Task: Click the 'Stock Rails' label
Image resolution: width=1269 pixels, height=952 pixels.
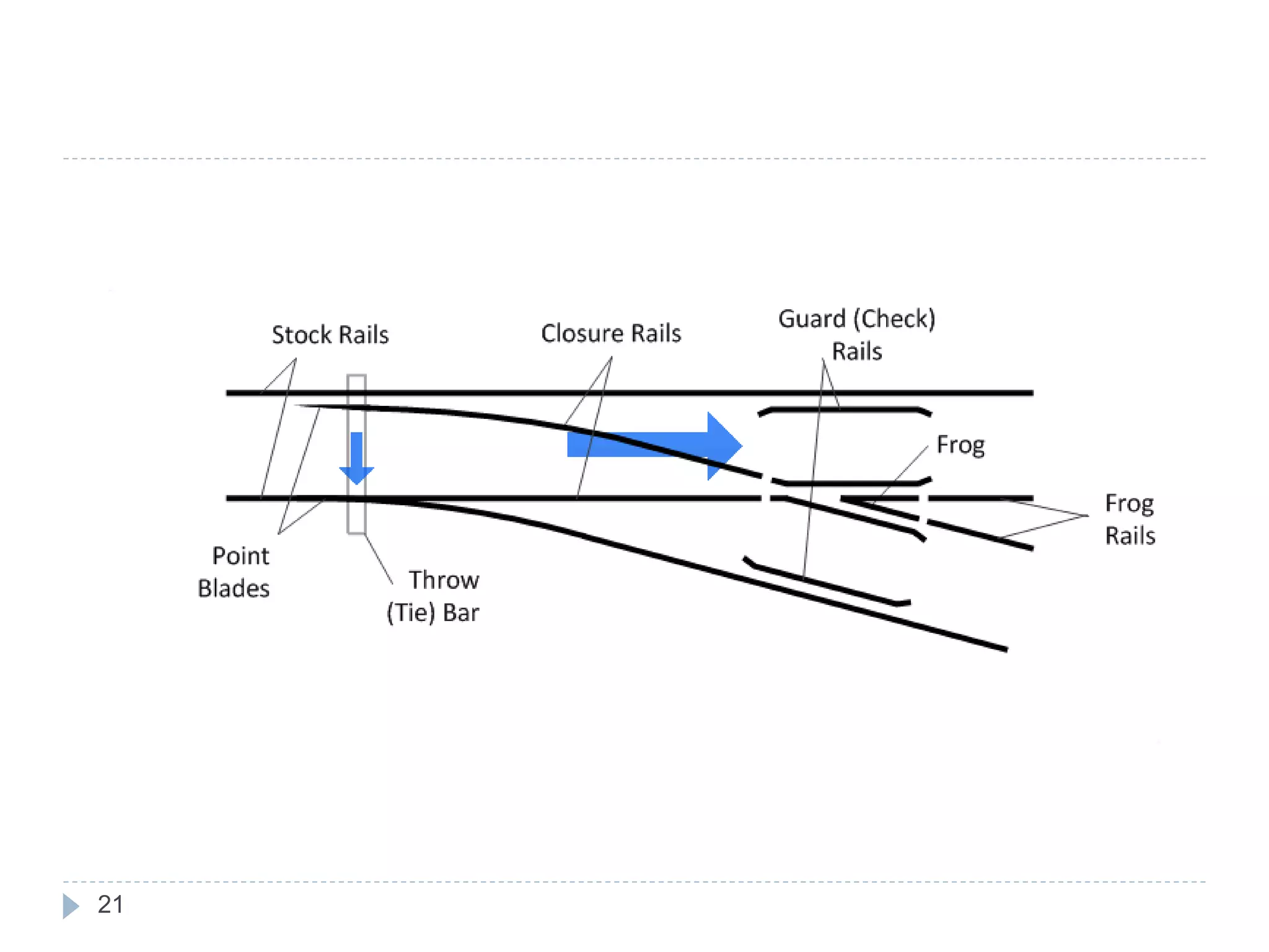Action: [330, 335]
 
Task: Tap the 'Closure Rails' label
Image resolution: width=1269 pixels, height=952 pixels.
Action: [611, 333]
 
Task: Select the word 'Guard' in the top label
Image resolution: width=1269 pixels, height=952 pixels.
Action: [812, 319]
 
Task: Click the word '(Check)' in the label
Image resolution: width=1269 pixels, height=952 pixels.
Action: [894, 319]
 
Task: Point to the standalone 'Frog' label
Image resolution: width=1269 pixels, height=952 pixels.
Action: [960, 445]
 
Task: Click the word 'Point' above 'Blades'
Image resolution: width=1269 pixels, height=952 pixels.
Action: [240, 556]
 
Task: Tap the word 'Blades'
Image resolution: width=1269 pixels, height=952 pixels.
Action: [234, 588]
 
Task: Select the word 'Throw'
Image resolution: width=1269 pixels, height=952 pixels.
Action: [444, 580]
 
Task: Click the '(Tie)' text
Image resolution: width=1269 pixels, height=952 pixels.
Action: [410, 613]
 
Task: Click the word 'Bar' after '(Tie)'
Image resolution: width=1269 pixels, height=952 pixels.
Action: [461, 613]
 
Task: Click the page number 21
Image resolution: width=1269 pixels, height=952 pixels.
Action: [110, 905]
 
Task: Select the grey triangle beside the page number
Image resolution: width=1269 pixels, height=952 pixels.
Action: [70, 906]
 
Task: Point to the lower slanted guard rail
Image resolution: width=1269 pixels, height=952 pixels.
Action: [824, 583]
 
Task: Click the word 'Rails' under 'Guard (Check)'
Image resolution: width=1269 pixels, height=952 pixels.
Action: [856, 351]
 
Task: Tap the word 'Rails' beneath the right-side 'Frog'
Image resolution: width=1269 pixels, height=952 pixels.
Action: [1130, 536]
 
